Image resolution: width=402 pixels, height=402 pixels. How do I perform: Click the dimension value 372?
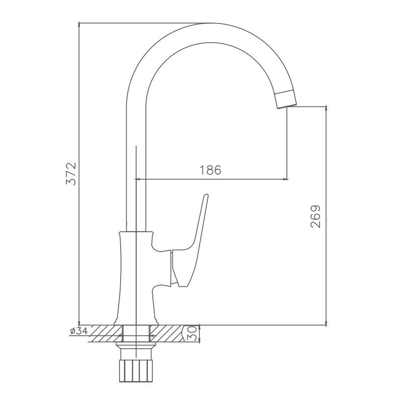(x=72, y=174)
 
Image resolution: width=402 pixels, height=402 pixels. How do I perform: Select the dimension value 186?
(x=210, y=170)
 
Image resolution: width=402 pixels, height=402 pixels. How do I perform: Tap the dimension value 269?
(x=315, y=216)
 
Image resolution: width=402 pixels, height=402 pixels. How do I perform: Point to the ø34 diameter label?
(x=79, y=331)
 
